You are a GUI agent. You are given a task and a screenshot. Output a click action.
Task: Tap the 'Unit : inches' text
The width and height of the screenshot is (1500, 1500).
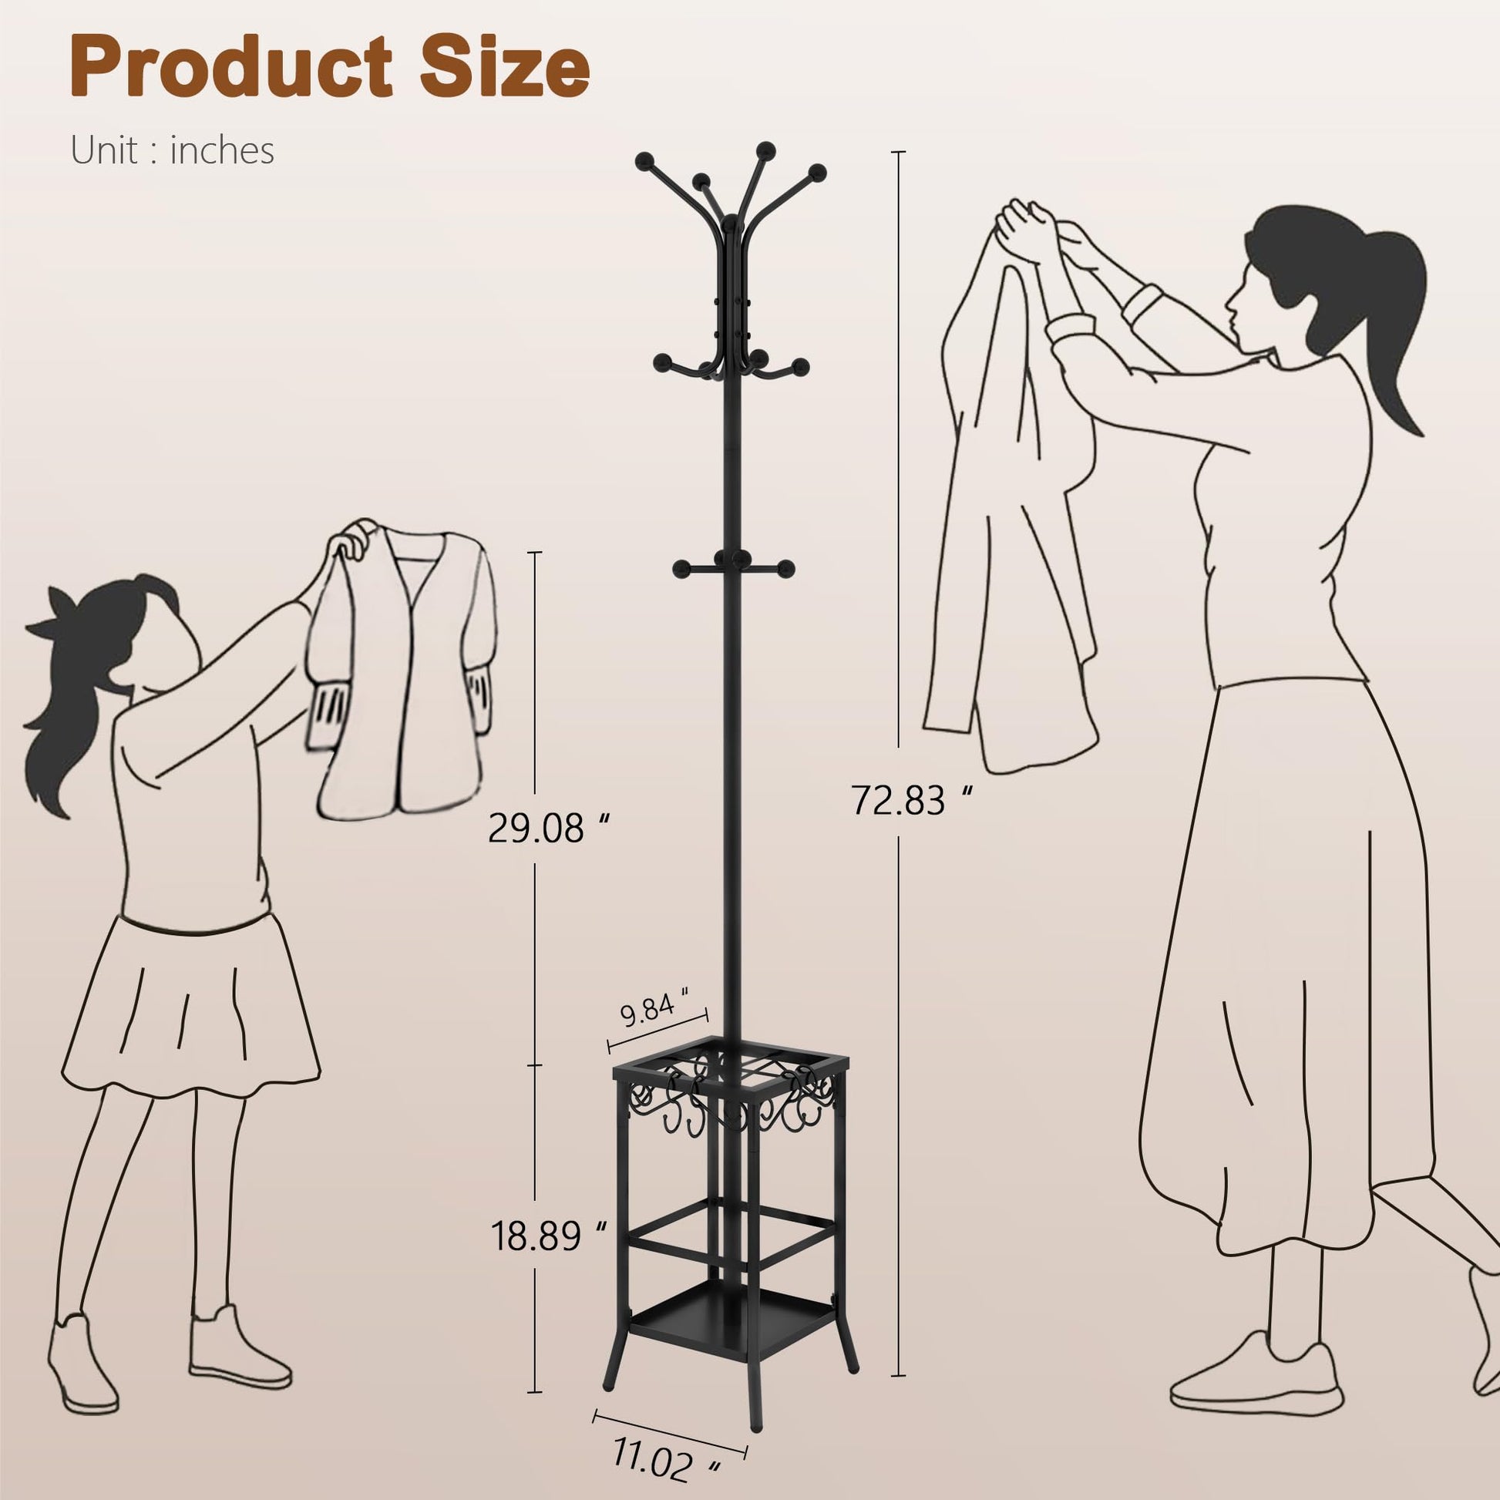coord(173,150)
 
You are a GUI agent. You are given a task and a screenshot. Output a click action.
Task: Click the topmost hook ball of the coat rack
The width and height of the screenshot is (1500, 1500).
coord(765,149)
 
